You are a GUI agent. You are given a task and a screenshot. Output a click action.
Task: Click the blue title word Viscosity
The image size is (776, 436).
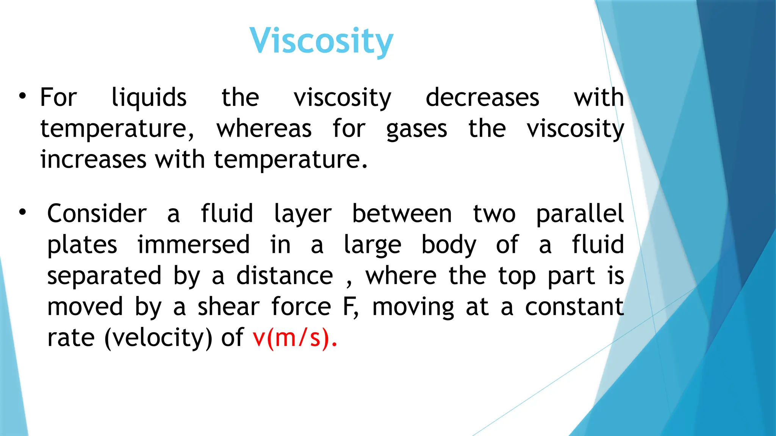point(321,41)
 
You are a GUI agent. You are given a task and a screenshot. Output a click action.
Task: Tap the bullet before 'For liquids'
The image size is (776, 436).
point(23,96)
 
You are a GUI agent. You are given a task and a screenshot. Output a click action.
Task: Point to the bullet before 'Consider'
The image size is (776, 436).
point(23,212)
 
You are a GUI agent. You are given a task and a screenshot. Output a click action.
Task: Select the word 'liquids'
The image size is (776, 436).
point(149,98)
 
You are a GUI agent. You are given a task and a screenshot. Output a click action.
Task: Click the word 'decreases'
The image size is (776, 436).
point(482,98)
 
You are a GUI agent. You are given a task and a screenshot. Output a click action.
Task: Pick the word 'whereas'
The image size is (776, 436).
point(264,129)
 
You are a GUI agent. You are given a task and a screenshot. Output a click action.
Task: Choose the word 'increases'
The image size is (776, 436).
point(93,159)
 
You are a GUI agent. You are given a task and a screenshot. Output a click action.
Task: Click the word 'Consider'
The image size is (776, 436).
point(97,214)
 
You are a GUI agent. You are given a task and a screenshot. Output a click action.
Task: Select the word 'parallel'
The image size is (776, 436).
point(580,214)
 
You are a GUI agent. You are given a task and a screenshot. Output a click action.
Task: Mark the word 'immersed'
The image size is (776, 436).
point(193,244)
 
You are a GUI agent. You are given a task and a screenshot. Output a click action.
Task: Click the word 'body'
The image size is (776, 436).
point(449,245)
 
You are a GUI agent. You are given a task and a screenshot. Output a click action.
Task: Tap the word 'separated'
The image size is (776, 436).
point(104,276)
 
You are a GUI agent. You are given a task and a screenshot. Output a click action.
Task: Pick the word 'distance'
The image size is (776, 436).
point(285,276)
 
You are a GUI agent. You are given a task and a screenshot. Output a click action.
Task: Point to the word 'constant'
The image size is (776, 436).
point(574,307)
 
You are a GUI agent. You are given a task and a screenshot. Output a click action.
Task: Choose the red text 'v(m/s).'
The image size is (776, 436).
point(295,338)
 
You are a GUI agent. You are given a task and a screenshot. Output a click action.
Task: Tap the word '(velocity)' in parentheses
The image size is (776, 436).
point(158,338)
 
